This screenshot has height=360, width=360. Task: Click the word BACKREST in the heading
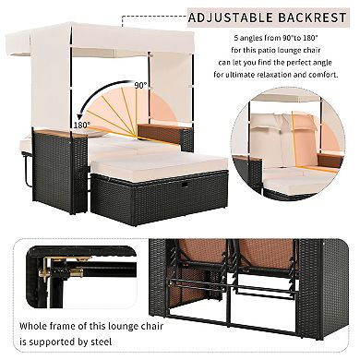point(301,17)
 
